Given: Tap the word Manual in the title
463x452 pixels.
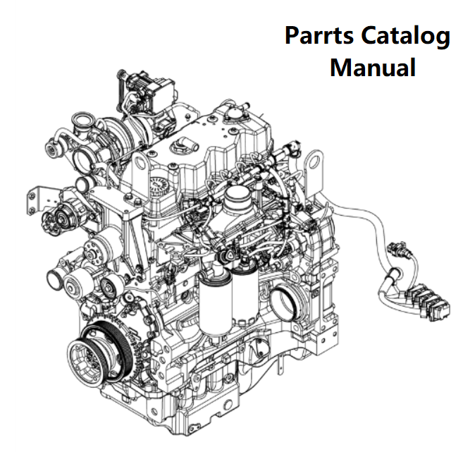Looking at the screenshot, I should [x=372, y=68].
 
